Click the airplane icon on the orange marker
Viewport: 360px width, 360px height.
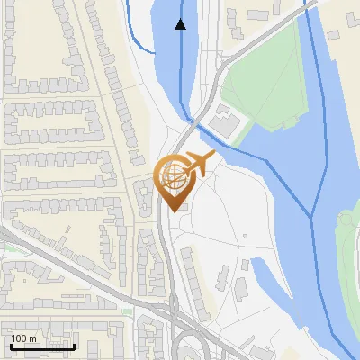click(x=198, y=165)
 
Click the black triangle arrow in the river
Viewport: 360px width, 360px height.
click(x=181, y=24)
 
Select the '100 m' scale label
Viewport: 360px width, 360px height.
click(x=24, y=338)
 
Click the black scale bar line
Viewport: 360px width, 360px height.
click(x=42, y=347)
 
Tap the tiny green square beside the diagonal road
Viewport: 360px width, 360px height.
click(x=127, y=311)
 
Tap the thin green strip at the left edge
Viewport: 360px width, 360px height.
click(x=4, y=247)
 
